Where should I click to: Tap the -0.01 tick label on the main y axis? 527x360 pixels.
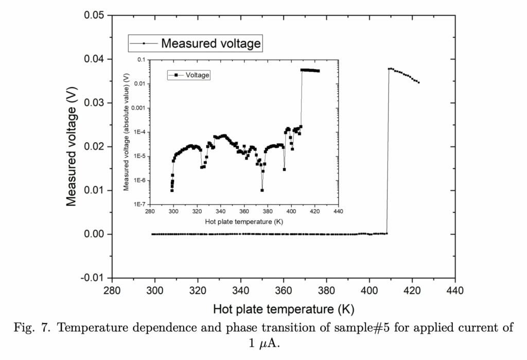pos(93,278)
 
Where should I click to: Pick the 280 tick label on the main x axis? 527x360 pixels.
pos(112,290)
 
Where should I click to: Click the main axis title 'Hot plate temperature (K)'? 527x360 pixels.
pos(284,309)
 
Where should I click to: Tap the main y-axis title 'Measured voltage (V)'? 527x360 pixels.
pos(72,147)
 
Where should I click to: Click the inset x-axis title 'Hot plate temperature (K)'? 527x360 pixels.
pos(244,221)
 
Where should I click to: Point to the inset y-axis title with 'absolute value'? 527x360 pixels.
pos(127,132)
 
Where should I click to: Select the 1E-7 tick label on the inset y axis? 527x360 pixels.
pos(137,204)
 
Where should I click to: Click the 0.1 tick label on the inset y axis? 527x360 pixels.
pos(141,60)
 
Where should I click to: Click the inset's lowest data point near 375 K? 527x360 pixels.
pos(262,190)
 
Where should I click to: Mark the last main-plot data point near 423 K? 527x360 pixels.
pos(419,82)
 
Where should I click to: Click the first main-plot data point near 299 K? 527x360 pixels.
pos(152,234)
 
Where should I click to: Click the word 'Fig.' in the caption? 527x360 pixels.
pos(25,329)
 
